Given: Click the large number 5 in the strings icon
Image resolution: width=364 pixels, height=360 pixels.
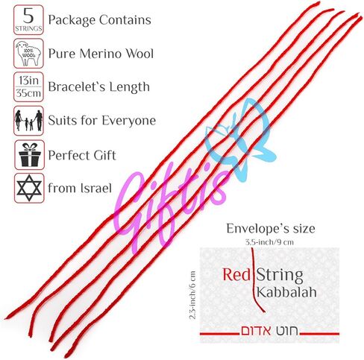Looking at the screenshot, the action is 28,16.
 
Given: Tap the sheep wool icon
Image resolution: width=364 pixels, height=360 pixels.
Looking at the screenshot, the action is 28,54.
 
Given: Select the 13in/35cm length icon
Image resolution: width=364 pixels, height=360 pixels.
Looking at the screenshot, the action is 28,87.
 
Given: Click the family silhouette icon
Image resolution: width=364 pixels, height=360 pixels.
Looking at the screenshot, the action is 28,121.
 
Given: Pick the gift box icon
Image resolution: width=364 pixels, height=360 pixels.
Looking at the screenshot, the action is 29,155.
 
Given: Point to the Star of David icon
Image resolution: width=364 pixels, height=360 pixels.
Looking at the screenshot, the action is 29,188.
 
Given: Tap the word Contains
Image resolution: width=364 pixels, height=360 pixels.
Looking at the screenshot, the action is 125,20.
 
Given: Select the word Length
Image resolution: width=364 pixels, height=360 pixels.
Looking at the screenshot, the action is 130,87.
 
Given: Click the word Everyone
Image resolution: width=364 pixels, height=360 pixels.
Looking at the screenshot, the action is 128,121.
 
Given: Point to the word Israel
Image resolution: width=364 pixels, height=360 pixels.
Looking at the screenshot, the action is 95,188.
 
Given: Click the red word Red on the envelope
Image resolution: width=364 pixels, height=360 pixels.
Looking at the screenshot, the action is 236,274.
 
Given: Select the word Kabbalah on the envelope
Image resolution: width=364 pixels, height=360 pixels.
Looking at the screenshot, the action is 286,292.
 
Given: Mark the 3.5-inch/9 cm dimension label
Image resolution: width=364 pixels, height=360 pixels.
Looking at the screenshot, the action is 269,241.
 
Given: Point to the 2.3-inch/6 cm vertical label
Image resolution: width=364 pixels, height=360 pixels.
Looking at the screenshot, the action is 192,295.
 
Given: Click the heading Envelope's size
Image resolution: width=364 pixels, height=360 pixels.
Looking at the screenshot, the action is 271,229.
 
